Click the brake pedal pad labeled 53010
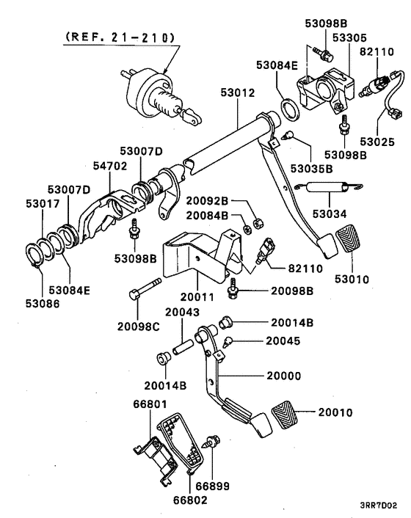tap(349, 248)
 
